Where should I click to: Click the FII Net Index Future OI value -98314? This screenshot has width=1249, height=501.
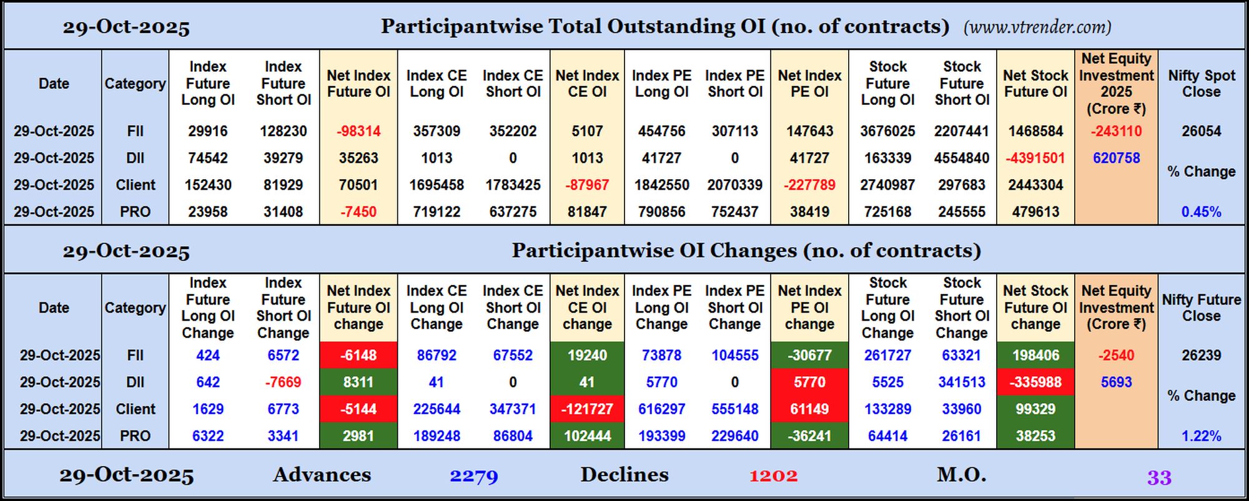358,132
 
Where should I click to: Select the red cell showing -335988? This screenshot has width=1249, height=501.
1035,382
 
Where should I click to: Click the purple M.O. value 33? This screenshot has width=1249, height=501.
1158,478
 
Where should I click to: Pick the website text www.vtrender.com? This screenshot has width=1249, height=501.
1037,27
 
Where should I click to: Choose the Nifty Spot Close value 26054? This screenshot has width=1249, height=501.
1201,132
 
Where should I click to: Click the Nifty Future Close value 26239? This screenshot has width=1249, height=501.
1201,356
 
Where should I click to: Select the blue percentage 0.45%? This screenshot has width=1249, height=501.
1201,212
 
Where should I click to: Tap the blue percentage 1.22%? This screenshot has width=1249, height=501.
1201,436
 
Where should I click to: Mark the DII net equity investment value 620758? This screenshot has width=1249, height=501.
1116,158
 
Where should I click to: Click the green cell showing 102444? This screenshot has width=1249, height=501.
587,436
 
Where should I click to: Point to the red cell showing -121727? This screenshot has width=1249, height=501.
587,409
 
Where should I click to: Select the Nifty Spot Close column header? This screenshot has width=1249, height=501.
1201,84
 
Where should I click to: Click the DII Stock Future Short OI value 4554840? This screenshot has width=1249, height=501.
962,158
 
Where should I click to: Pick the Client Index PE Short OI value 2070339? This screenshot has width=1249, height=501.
734,185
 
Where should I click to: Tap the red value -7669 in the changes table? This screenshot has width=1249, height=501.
283,382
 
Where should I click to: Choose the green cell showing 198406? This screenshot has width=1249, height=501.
1035,356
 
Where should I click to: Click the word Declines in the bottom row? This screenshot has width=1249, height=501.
624,475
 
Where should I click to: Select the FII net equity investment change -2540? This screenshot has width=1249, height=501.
1116,356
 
